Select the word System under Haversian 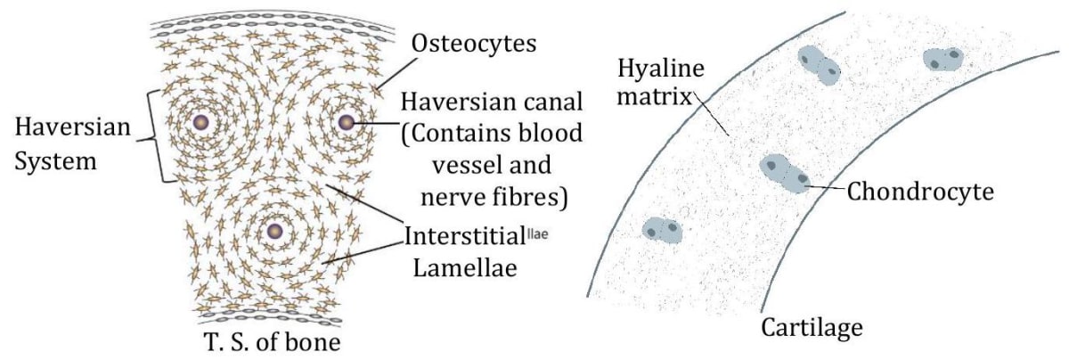pyautogui.click(x=55, y=166)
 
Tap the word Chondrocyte pyautogui.click(x=920, y=191)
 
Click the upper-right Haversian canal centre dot pyautogui.click(x=346, y=121)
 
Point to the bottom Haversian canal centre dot pyautogui.click(x=273, y=232)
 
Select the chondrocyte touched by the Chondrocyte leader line pyautogui.click(x=783, y=172)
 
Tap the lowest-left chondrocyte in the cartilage pyautogui.click(x=662, y=229)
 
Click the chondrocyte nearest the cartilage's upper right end pyautogui.click(x=943, y=60)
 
